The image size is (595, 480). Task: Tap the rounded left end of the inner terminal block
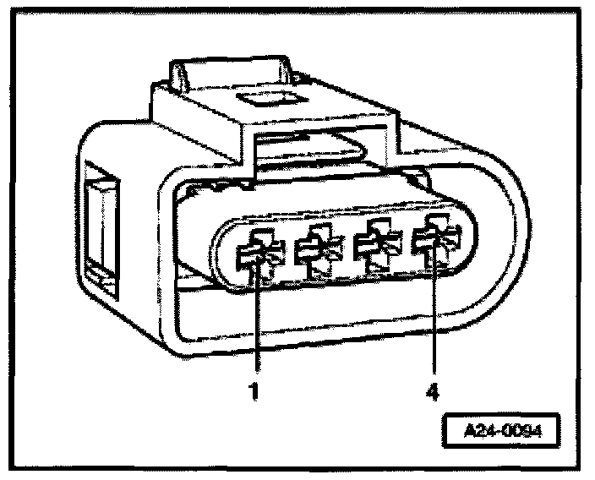coord(223,254)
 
